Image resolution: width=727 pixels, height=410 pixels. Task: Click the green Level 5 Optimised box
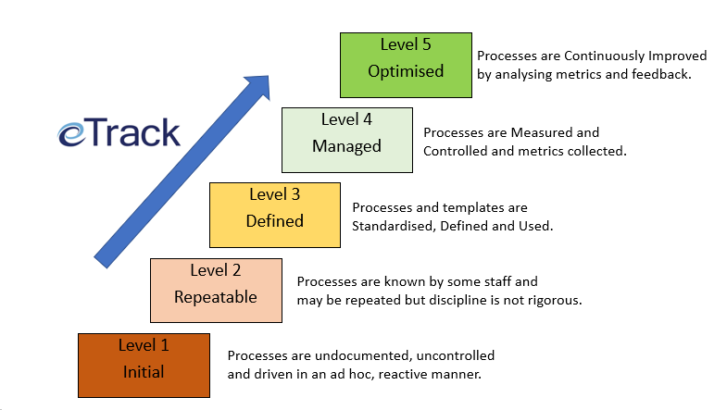click(x=407, y=66)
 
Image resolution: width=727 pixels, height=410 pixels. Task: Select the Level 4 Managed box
click(x=347, y=141)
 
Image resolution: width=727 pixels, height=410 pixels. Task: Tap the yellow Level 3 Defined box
click(x=275, y=215)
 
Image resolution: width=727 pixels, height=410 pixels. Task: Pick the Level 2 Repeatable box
click(x=216, y=291)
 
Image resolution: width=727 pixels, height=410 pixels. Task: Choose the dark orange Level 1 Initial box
click(x=144, y=366)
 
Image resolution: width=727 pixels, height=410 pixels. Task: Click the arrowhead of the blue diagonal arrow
click(x=257, y=86)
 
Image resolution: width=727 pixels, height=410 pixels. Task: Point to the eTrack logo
click(x=119, y=133)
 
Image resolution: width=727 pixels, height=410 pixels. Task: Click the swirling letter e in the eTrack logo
click(x=71, y=135)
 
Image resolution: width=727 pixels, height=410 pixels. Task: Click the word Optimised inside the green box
click(x=406, y=71)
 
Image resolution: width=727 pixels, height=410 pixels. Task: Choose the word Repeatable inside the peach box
click(x=216, y=297)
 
